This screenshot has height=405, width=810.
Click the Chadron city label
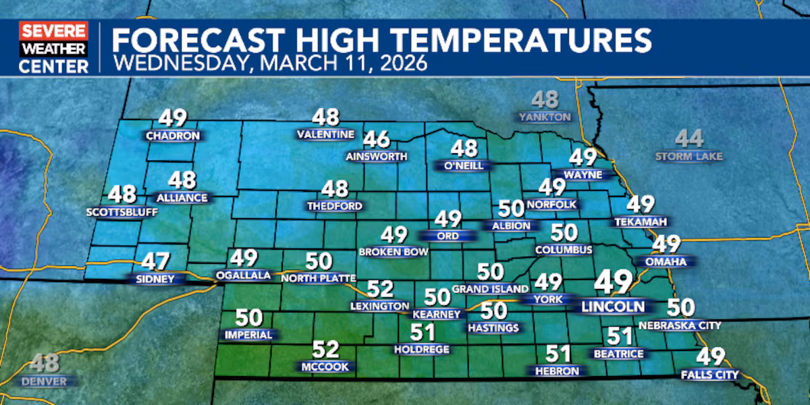(x=173, y=136)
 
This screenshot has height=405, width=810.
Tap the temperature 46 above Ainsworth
(x=377, y=140)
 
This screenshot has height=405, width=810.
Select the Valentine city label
(x=325, y=134)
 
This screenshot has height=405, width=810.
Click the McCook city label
(x=326, y=367)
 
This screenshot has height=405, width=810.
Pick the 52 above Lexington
(x=379, y=289)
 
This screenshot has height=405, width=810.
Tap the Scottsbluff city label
(x=122, y=213)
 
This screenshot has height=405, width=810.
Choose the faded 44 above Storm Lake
(x=689, y=140)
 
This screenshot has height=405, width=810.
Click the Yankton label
(x=545, y=117)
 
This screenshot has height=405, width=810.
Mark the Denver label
(x=44, y=381)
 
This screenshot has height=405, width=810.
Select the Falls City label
(x=710, y=375)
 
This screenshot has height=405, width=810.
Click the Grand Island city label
(x=490, y=289)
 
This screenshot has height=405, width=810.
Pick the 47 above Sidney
(x=155, y=261)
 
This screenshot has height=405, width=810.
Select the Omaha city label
(x=666, y=261)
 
